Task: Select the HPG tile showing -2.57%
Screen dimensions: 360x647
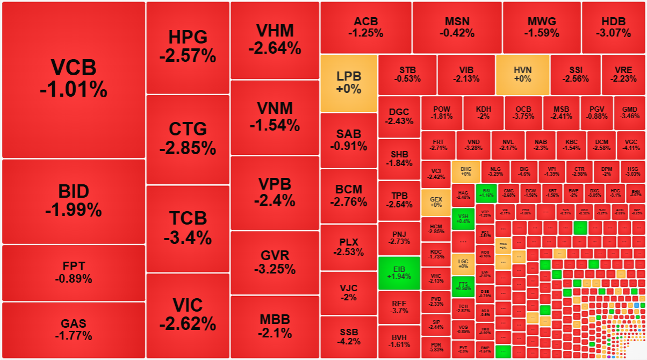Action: click(188, 47)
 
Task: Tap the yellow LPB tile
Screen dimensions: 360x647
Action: click(349, 83)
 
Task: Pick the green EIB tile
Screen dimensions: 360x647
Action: click(399, 273)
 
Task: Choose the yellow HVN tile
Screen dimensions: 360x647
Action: click(522, 74)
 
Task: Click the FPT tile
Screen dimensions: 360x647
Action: click(74, 272)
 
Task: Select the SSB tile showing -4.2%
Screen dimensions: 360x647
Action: click(349, 337)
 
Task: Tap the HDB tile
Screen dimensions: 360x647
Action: click(613, 27)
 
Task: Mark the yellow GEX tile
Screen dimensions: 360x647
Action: click(436, 201)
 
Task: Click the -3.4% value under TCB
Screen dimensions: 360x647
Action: click(188, 237)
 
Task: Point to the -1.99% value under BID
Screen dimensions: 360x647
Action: click(74, 210)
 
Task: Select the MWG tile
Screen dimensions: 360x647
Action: click(542, 27)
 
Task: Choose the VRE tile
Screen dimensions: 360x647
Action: click(623, 74)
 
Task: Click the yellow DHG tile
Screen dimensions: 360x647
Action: click(466, 171)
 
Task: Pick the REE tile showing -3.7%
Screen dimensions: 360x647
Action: click(399, 307)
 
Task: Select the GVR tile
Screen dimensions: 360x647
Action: click(275, 262)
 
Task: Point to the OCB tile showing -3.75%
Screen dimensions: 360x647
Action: click(523, 112)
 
